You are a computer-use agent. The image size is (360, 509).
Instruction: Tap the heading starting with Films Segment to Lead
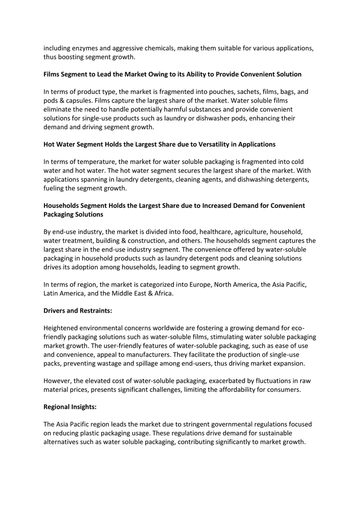(172, 74)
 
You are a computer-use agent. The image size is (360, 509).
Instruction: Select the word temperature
(97, 162)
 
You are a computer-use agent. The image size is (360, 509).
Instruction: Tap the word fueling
(54, 188)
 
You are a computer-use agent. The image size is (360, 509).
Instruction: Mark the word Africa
(163, 293)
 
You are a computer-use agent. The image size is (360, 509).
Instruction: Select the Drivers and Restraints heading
(78, 310)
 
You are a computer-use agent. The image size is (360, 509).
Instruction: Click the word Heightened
(60, 328)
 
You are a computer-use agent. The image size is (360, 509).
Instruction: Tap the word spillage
(146, 363)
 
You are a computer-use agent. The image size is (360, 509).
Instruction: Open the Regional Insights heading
(70, 407)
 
